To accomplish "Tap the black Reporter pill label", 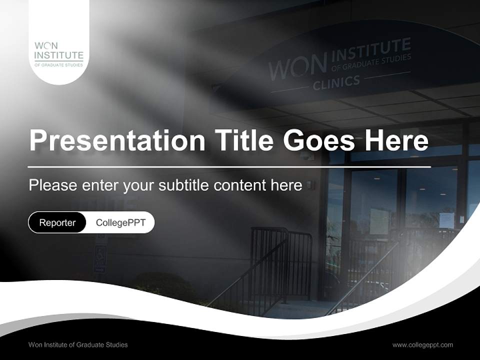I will coord(57,222).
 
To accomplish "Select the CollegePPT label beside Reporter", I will coord(120,222).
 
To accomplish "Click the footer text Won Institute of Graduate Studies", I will coord(78,344).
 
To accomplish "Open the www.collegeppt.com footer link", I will coord(422,344).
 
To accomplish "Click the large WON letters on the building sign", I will coord(297,67).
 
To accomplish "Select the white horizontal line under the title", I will coord(229,166).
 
